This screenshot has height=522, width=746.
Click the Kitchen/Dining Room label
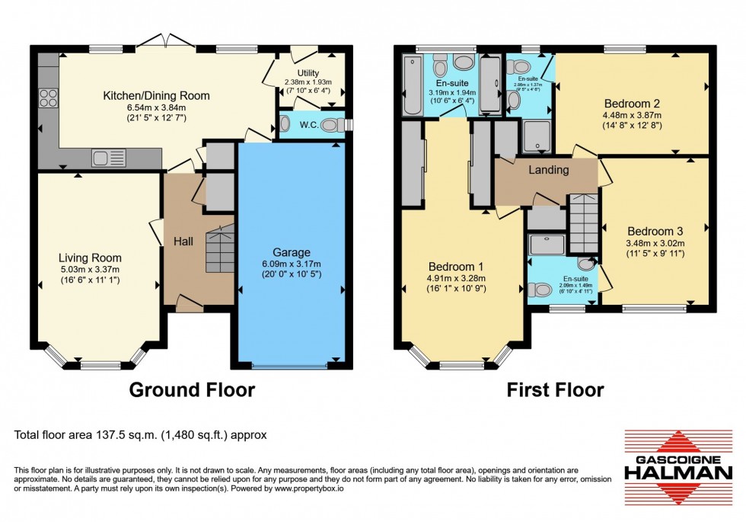pos(157,96)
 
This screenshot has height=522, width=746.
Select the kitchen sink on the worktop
pos(103,159)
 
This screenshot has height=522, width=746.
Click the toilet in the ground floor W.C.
pos(332,126)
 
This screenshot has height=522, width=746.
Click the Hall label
pos(182,241)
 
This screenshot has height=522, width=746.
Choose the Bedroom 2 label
pos(632,104)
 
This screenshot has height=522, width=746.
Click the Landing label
pos(549,170)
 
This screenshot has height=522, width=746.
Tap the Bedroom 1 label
pos(456,267)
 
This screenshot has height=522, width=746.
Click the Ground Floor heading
pos(192,390)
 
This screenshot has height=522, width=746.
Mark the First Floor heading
pos(556,390)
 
